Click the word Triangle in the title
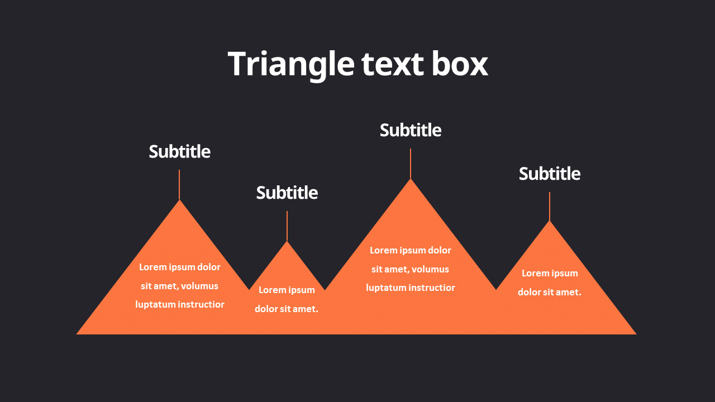[290, 64]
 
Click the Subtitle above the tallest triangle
[411, 130]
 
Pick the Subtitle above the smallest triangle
[287, 193]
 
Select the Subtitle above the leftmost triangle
[179, 151]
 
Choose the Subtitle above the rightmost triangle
[550, 174]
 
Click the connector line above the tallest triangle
[411, 163]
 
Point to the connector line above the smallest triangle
[287, 226]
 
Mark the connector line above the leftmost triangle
[179, 184]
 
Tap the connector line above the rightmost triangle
[550, 207]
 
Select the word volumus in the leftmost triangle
[199, 286]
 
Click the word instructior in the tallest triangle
[432, 288]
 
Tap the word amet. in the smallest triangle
[307, 309]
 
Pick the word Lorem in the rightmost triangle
[535, 273]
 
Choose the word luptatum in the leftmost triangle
[156, 304]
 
